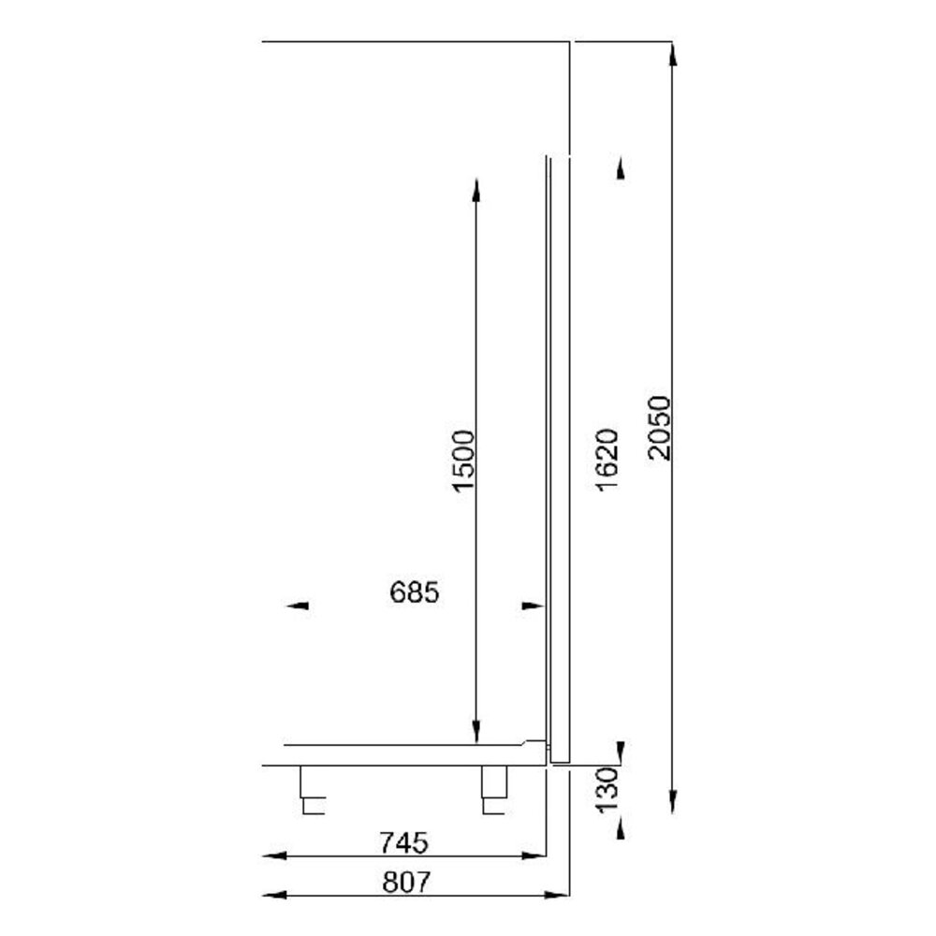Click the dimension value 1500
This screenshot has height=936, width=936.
464,461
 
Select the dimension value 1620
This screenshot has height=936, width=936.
606,460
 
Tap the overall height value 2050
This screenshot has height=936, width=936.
660,428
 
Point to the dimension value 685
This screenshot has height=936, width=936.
412,592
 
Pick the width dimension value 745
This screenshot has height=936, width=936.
403,842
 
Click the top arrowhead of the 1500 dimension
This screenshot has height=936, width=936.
476,190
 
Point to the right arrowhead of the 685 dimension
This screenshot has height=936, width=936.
533,607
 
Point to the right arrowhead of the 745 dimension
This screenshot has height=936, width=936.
535,856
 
